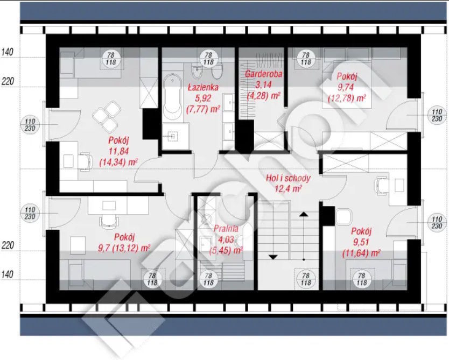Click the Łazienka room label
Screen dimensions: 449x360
[203, 87]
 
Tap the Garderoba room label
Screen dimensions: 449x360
[263, 74]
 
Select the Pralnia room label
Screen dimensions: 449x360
[226, 228]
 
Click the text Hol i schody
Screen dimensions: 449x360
[288, 178]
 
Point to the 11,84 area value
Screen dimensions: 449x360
[118, 151]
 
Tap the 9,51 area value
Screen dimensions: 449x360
[361, 242]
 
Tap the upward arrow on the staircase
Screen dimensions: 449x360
[304, 214]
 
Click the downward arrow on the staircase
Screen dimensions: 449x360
[273, 257]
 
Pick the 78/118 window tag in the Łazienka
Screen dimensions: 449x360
[208, 58]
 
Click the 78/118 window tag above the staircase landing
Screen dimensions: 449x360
[306, 279]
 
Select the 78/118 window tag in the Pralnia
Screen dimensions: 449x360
[208, 279]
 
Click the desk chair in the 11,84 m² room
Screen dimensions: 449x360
[86, 161]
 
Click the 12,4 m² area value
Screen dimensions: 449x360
[288, 189]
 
